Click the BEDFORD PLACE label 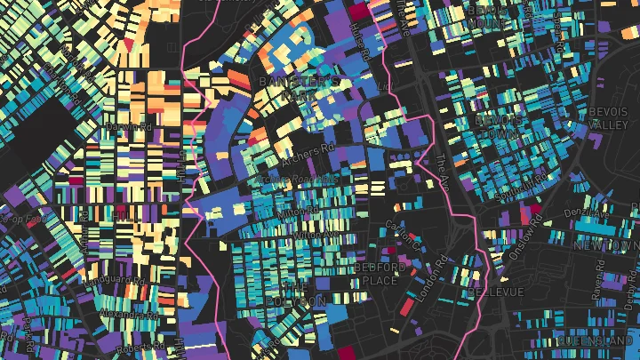pyautogui.click(x=380, y=274)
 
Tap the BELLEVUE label pyautogui.click(x=495, y=292)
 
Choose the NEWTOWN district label pyautogui.click(x=606, y=244)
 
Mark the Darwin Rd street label pyautogui.click(x=127, y=128)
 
